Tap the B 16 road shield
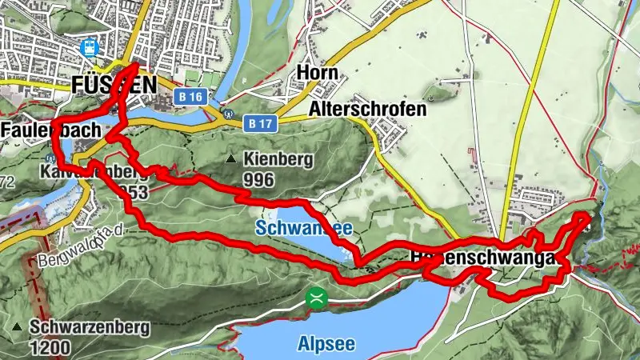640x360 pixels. point(190,97)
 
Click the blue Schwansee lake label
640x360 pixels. point(304,229)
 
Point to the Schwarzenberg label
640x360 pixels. point(80,327)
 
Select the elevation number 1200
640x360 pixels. point(52,348)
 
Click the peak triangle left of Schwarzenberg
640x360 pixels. point(18,327)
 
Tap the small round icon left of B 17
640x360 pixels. point(229,114)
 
